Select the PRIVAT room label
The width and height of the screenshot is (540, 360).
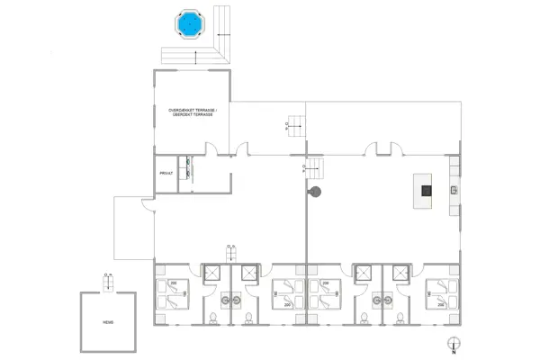(166, 173)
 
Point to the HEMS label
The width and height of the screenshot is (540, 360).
(108, 321)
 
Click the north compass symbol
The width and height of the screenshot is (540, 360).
(454, 343)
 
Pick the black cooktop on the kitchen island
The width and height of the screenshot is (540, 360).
(427, 190)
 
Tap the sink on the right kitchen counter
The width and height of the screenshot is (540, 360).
(454, 190)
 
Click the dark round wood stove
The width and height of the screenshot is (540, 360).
(314, 192)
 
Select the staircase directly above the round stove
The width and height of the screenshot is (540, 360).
(310, 166)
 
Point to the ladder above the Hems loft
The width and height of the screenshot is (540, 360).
(108, 283)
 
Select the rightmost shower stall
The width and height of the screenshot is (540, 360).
(393, 274)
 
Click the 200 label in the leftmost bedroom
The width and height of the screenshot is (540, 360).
(175, 284)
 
